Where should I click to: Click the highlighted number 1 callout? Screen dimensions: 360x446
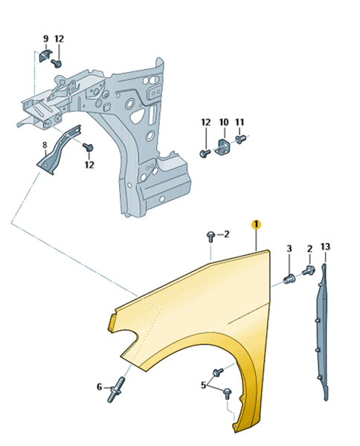(x=256, y=224)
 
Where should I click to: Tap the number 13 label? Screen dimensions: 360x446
(x=325, y=246)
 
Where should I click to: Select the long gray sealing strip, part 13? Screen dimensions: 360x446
(x=324, y=332)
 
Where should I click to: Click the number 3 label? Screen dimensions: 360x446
(x=289, y=248)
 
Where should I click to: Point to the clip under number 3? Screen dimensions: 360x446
(x=289, y=279)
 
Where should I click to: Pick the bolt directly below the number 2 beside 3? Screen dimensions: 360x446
(x=308, y=270)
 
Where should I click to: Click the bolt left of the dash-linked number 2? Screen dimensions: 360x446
(x=210, y=236)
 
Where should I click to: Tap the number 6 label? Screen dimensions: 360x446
(x=99, y=387)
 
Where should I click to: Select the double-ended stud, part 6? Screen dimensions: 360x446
(x=115, y=390)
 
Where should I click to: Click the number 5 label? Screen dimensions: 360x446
(x=203, y=385)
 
